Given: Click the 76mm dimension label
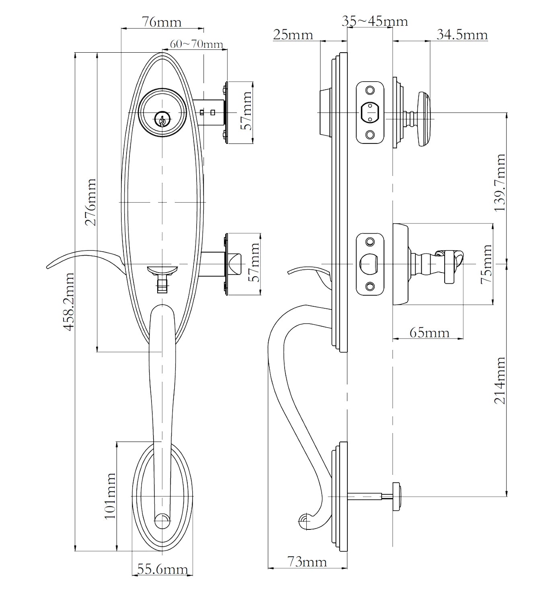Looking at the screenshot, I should pos(162,22).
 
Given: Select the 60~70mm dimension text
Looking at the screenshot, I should pos(196,44).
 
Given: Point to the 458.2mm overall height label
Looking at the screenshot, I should pos(69,301).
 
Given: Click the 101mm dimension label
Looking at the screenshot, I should pos(110,496).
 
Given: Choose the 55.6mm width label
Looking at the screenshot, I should pos(162,569).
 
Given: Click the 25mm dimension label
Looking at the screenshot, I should pos(293,35).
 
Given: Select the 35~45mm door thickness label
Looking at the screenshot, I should pos(375,21).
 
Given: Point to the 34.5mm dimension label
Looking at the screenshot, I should pos(462,35).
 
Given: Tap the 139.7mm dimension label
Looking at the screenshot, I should pos(500,183).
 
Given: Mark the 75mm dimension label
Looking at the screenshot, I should pos(486,264).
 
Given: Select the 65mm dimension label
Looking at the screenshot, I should pos(429,332).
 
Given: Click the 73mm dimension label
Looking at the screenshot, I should pos(307,561).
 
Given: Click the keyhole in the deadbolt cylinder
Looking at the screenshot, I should pos(162,119).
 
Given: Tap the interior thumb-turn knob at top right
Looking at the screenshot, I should pos(425,119).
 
